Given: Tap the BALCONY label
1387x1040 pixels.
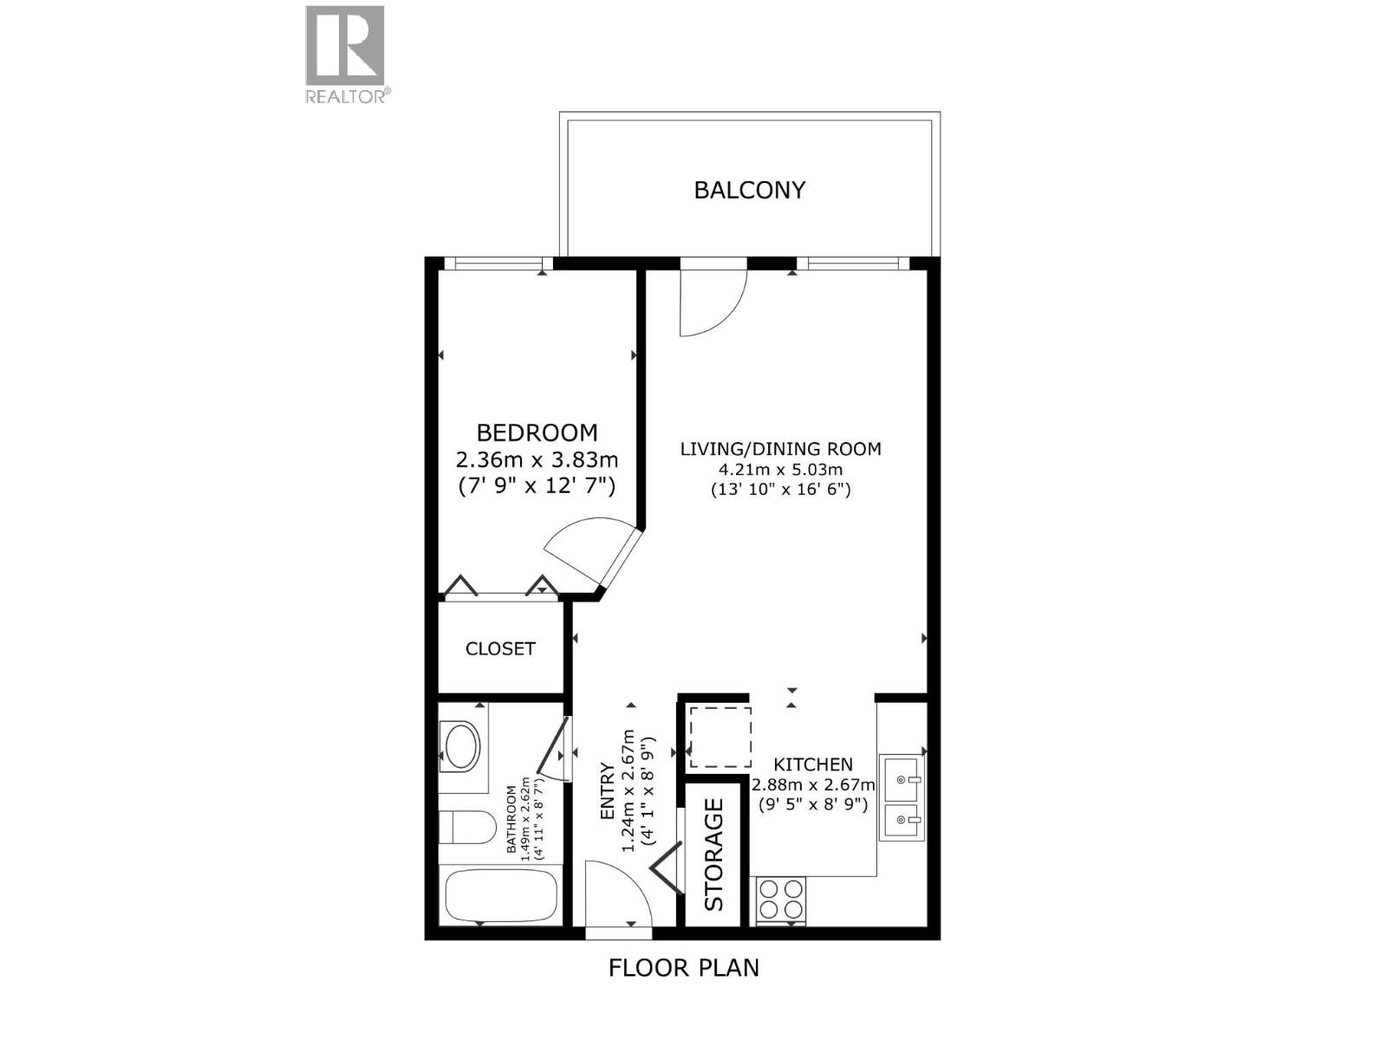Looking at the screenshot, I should click(x=749, y=190).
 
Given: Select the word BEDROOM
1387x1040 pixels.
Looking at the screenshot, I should click(x=537, y=432).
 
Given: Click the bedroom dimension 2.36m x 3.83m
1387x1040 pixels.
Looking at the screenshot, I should click(x=537, y=459).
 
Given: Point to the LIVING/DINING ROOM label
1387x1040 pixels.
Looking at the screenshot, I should click(x=780, y=449).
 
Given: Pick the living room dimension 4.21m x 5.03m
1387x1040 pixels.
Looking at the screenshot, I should click(x=780, y=470).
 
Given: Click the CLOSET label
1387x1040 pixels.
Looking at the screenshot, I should click(x=500, y=648).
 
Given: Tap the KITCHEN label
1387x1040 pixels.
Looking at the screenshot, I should click(x=812, y=764).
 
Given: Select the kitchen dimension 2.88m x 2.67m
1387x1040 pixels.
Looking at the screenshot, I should click(x=812, y=785).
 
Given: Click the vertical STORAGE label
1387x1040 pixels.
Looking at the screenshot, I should click(x=713, y=854).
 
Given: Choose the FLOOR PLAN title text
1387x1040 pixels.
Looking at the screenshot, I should click(x=683, y=967).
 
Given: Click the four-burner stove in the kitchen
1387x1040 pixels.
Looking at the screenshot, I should click(x=781, y=900).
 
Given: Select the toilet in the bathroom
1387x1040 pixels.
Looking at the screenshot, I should click(x=458, y=827).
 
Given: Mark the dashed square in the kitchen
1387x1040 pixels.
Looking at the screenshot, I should click(x=720, y=737).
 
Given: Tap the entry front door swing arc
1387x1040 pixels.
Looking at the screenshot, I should click(x=617, y=893).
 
